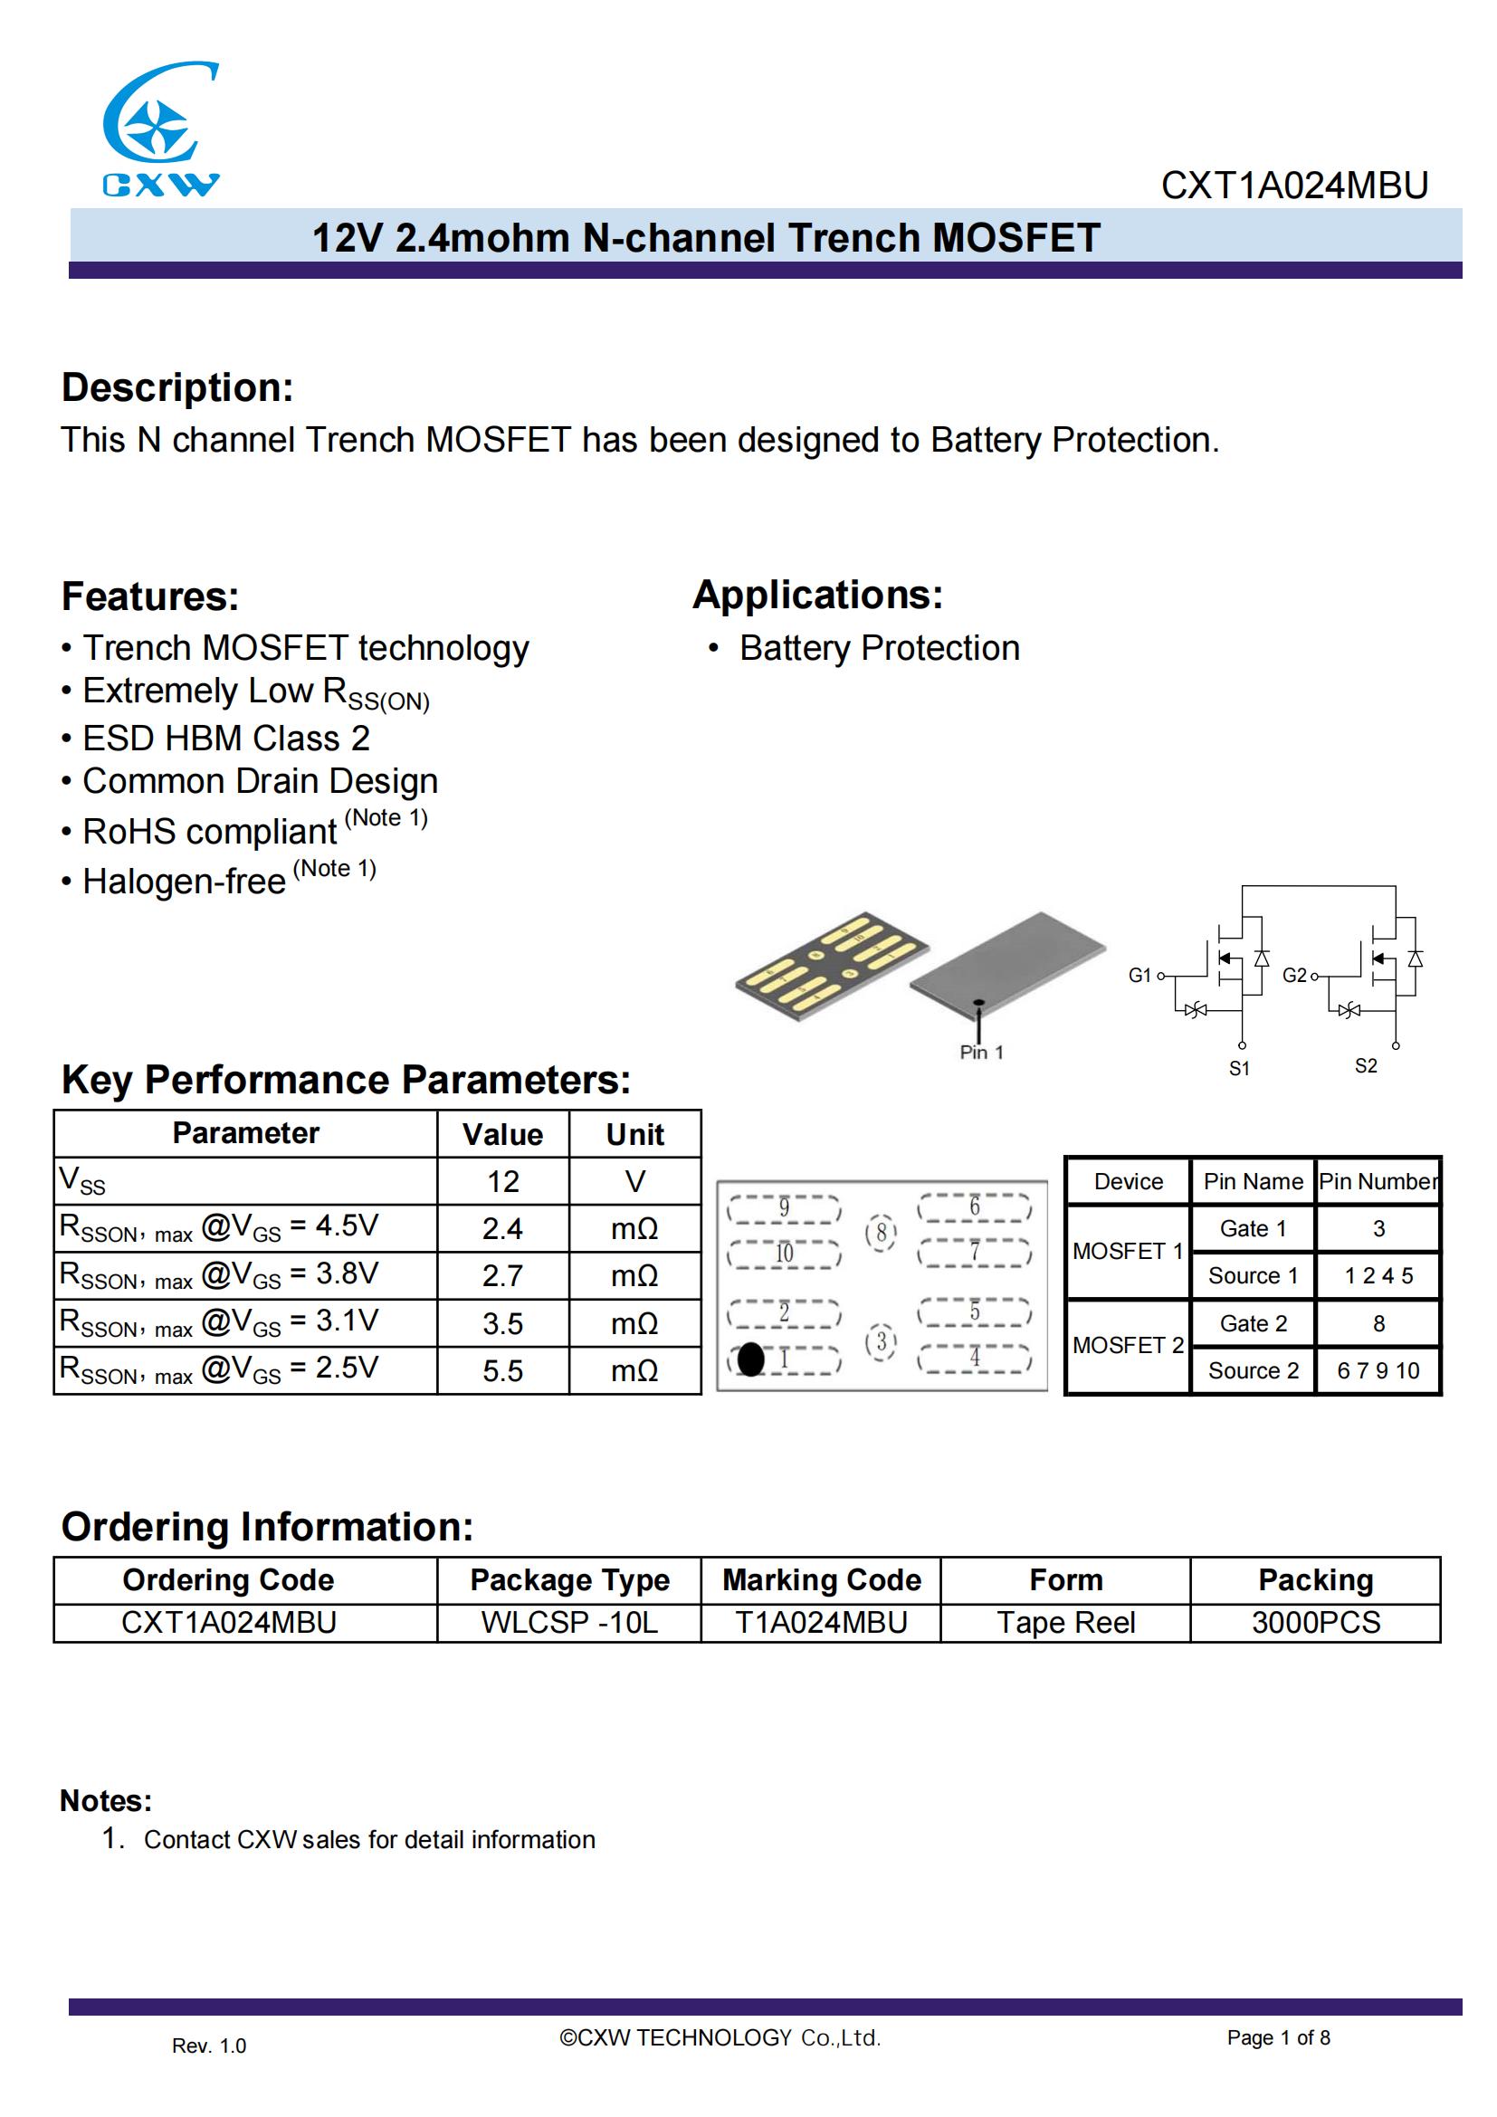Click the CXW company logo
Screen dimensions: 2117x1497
[160, 129]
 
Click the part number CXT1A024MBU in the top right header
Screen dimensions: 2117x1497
[1293, 186]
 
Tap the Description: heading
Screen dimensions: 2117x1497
[177, 387]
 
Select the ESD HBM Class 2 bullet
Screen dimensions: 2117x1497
[226, 739]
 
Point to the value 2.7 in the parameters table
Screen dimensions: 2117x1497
[502, 1276]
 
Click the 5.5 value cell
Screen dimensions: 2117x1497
[502, 1371]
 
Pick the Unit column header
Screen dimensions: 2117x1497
[634, 1134]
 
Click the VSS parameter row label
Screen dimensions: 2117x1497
[83, 1181]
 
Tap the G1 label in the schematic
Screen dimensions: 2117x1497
[1139, 976]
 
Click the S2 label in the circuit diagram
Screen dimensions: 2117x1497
[1365, 1066]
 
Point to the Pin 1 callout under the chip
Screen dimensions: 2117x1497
[981, 1052]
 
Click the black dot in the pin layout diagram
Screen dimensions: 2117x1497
[751, 1359]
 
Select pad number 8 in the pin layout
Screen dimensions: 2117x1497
[882, 1233]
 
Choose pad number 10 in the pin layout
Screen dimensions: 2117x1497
[784, 1253]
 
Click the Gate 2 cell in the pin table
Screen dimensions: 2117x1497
[1253, 1323]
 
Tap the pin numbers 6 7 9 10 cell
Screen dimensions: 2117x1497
[1378, 1371]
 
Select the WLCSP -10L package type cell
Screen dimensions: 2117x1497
[568, 1623]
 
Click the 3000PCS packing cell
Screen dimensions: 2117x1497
[1315, 1623]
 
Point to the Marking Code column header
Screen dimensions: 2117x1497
[821, 1580]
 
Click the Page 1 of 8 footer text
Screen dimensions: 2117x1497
[1278, 2037]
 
